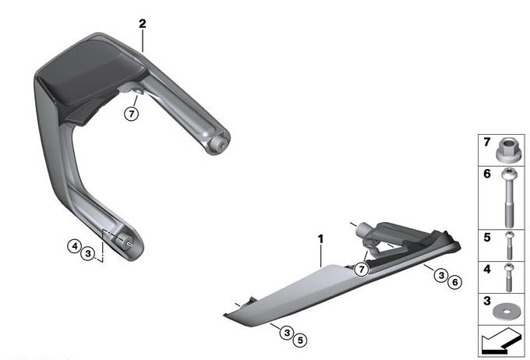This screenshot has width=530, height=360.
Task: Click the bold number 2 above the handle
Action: click(x=143, y=23)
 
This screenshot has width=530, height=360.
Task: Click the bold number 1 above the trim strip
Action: click(x=320, y=239)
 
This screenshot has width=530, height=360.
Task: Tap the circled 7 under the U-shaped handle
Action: click(x=131, y=114)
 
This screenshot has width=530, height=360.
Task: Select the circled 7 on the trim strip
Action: click(x=362, y=270)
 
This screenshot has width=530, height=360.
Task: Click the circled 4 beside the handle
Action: click(x=74, y=245)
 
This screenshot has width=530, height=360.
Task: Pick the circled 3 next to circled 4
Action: click(x=88, y=252)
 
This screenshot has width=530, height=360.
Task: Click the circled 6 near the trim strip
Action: click(x=454, y=282)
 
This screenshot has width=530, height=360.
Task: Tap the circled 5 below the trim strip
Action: click(x=300, y=340)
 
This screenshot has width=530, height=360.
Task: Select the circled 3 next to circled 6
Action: click(x=441, y=275)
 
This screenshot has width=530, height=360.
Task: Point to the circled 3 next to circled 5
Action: click(x=287, y=333)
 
